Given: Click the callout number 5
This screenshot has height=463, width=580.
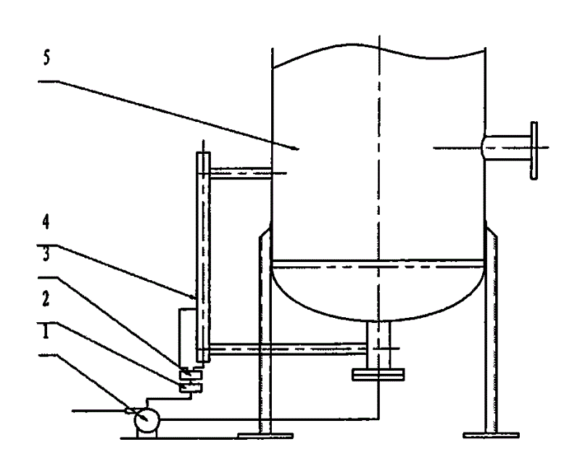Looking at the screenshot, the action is [46, 58].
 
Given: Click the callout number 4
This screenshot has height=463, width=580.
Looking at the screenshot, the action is [46, 222].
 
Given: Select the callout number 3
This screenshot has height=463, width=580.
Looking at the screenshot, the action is [46, 255].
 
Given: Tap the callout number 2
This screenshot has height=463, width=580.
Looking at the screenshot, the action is [46, 298].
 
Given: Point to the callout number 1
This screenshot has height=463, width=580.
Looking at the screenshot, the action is [46, 331].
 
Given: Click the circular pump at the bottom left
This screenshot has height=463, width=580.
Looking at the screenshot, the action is [146, 419].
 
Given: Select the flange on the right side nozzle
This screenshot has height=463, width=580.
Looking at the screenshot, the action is [534, 150].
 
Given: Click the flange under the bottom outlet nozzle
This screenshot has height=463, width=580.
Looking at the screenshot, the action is [378, 374].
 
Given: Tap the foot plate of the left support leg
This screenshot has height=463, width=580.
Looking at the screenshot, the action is [265, 435].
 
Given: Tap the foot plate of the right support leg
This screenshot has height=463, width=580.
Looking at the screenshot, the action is [492, 435].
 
